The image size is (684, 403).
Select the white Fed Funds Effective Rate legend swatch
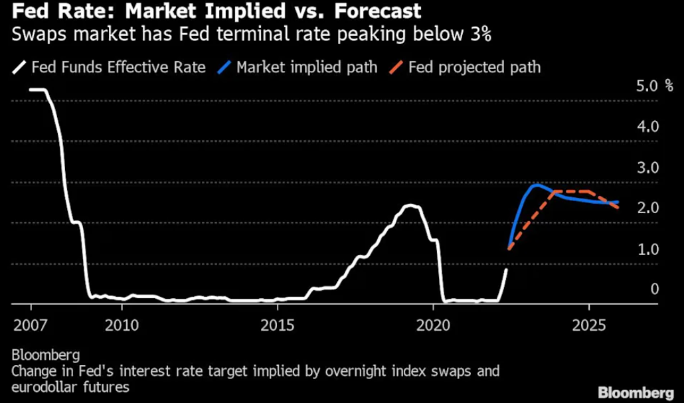[19, 67]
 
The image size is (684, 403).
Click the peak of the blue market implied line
[537, 185]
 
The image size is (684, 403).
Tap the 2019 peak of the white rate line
[412, 205]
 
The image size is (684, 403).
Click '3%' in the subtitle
[477, 35]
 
